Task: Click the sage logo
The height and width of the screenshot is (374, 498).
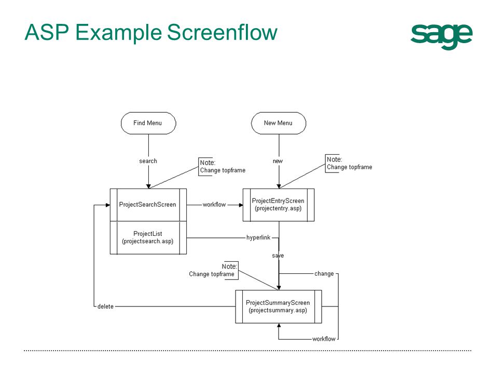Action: point(441,35)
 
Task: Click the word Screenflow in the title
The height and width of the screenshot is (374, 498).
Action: point(222,33)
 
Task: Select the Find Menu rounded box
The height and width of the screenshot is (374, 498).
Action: point(148,123)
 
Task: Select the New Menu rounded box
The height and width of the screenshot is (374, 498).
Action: point(279,123)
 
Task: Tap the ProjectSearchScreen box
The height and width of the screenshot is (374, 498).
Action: point(148,205)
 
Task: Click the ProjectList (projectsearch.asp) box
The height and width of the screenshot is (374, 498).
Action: point(148,237)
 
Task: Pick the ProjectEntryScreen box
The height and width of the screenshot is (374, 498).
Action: point(278,205)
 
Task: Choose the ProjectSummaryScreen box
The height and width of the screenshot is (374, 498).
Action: point(278,306)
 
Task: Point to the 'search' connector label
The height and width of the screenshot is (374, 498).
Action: point(148,161)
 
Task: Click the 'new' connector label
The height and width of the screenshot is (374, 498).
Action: point(278,161)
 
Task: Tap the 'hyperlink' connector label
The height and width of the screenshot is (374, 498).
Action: point(258,238)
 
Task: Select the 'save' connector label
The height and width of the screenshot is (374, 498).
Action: point(278,256)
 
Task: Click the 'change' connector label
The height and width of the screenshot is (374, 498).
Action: point(324,274)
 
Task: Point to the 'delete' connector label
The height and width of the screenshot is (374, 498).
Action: point(105,306)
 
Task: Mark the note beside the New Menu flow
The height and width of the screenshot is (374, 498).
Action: point(349,164)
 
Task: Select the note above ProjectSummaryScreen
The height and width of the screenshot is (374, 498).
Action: point(213,271)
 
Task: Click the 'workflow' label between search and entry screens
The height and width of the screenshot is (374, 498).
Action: point(214,205)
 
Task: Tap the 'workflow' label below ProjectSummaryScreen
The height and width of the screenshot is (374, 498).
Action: point(324,339)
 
